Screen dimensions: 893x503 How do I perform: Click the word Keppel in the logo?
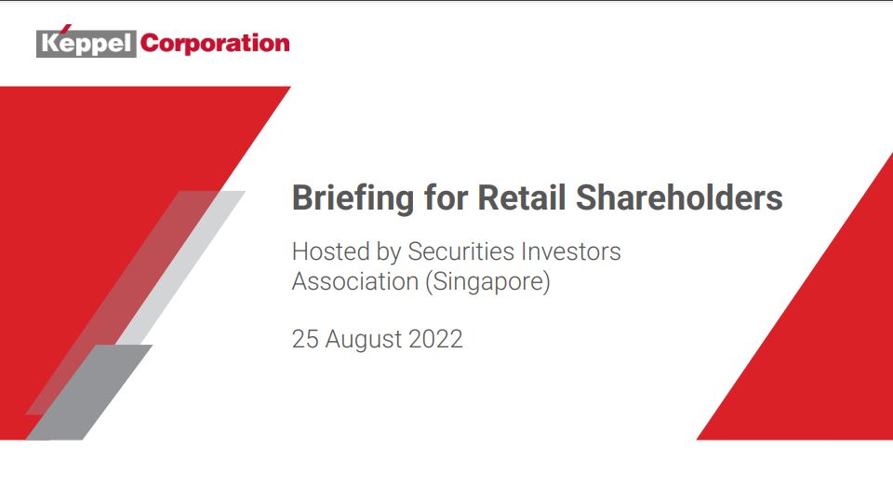click(x=87, y=44)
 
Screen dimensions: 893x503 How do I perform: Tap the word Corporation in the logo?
click(x=215, y=44)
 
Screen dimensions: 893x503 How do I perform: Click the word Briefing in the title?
click(x=353, y=198)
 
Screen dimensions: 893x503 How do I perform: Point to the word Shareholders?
click(x=679, y=197)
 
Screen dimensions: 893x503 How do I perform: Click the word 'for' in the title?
click(x=446, y=197)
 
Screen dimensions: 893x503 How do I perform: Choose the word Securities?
click(x=461, y=251)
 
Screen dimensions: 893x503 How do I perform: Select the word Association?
click(x=355, y=281)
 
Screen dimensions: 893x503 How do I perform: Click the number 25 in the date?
click(x=305, y=339)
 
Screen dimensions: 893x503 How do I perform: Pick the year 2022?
click(x=435, y=339)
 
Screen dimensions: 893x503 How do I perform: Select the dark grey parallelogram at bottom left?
click(x=89, y=392)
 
